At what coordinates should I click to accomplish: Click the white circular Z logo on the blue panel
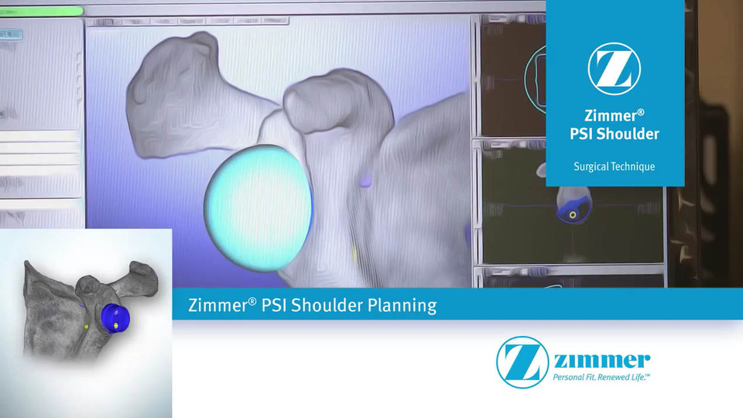coord(614,69)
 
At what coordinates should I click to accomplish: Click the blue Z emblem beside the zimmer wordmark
coord(523,361)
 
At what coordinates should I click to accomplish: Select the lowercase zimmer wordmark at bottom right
coord(601,361)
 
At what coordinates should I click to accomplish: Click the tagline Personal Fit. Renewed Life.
coord(601,377)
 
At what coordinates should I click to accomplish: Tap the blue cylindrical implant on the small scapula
coord(114,317)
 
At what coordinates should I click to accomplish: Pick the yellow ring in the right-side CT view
coord(573,214)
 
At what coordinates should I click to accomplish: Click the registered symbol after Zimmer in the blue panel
coord(640,112)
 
